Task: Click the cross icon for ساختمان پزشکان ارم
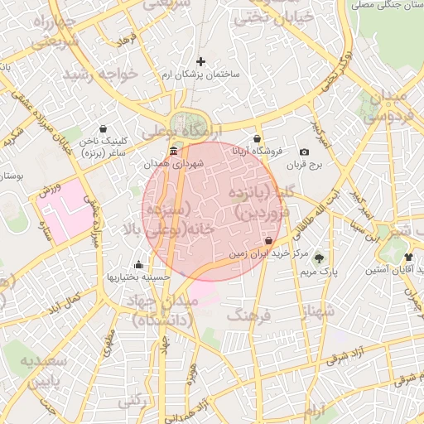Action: (200, 61)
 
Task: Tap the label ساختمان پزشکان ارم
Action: (200, 75)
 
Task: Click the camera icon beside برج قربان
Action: (304, 152)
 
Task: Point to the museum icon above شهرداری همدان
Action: (172, 152)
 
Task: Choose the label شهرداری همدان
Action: (172, 165)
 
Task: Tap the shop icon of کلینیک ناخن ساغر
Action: (102, 129)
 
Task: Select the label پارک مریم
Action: (319, 271)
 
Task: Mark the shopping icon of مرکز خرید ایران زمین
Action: (268, 241)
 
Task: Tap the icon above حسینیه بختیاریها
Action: (138, 265)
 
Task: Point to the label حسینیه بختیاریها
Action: (138, 277)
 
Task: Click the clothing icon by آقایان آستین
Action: (409, 257)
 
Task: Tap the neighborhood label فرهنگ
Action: (249, 316)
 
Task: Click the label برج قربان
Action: (304, 165)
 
